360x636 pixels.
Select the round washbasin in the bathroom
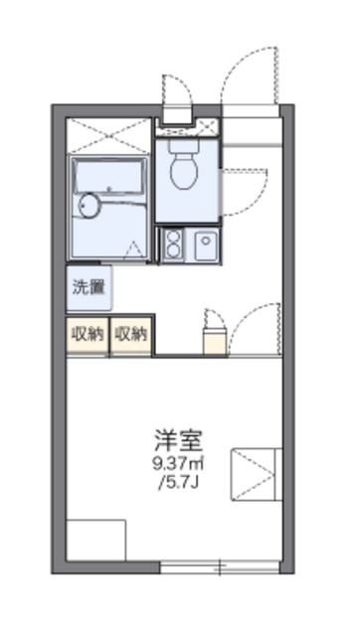pyautogui.click(x=90, y=207)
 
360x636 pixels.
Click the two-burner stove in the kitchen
pyautogui.click(x=171, y=245)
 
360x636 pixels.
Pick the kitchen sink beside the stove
pyautogui.click(x=206, y=245)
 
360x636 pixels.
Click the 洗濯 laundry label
pyautogui.click(x=89, y=287)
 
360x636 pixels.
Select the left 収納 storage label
pyautogui.click(x=88, y=334)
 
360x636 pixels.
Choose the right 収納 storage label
pyautogui.click(x=130, y=334)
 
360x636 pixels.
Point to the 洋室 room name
pyautogui.click(x=176, y=438)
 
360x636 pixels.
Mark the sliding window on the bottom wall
pyautogui.click(x=220, y=565)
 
